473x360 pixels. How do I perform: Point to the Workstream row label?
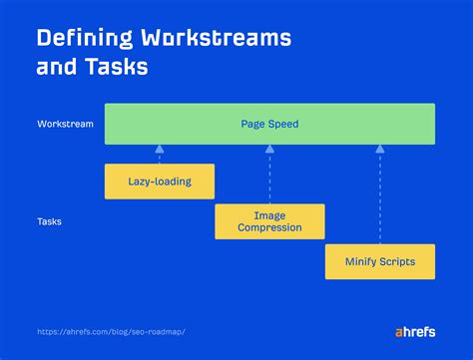[x=66, y=125]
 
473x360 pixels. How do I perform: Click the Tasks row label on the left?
[x=49, y=221]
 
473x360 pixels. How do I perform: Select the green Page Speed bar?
[x=269, y=125]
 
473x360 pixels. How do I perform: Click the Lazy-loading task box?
[x=160, y=181]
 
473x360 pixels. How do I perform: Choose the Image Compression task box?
[x=269, y=221]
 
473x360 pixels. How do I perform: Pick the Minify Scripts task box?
[x=380, y=261]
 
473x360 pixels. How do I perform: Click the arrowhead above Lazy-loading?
[x=160, y=150]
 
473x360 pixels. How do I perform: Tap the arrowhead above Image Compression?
[x=269, y=150]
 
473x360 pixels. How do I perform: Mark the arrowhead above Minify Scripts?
[x=380, y=150]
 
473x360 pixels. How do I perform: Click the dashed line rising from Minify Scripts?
[x=380, y=199]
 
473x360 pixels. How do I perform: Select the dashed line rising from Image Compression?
[x=269, y=180]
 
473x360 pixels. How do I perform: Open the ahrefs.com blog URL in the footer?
[x=111, y=332]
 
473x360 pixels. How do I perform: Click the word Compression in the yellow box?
[x=269, y=228]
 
